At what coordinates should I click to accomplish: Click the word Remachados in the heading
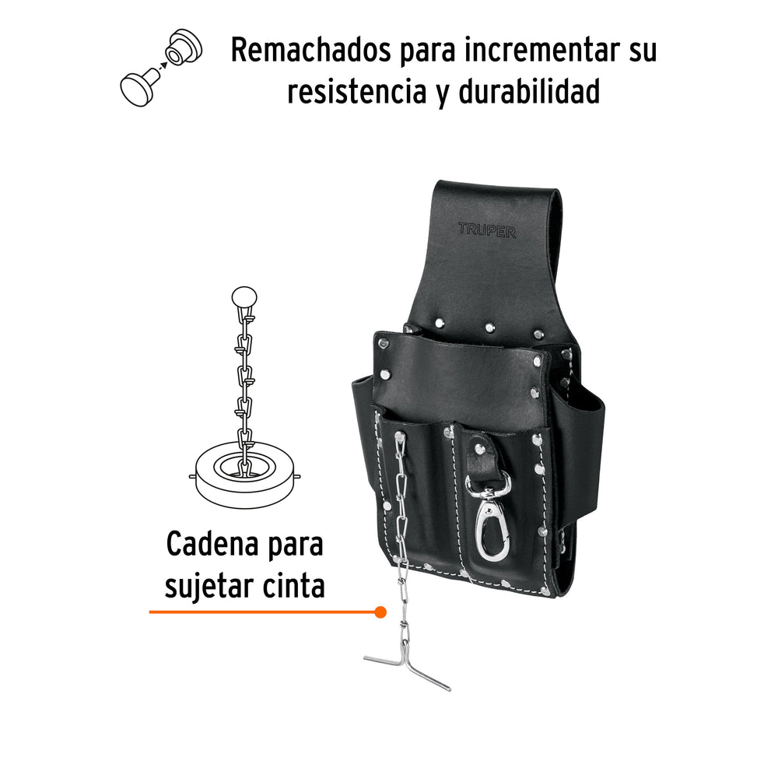[x=311, y=50]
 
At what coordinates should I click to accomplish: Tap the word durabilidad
[x=529, y=92]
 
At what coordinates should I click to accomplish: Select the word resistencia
[x=357, y=92]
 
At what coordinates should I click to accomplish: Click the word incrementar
[x=546, y=50]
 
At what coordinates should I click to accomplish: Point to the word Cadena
[x=213, y=545]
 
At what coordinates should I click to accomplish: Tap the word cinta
[x=294, y=586]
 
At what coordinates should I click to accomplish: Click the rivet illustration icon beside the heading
[x=161, y=68]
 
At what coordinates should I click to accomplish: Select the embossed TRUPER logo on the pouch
[x=487, y=230]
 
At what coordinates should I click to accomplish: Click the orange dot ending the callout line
[x=380, y=612]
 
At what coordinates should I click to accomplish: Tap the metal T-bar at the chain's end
[x=407, y=670]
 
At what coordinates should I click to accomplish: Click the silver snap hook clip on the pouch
[x=488, y=516]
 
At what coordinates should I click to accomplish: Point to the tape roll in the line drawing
[x=244, y=475]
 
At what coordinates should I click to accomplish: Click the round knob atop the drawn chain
[x=244, y=298]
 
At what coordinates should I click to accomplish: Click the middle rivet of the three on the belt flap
[x=489, y=327]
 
